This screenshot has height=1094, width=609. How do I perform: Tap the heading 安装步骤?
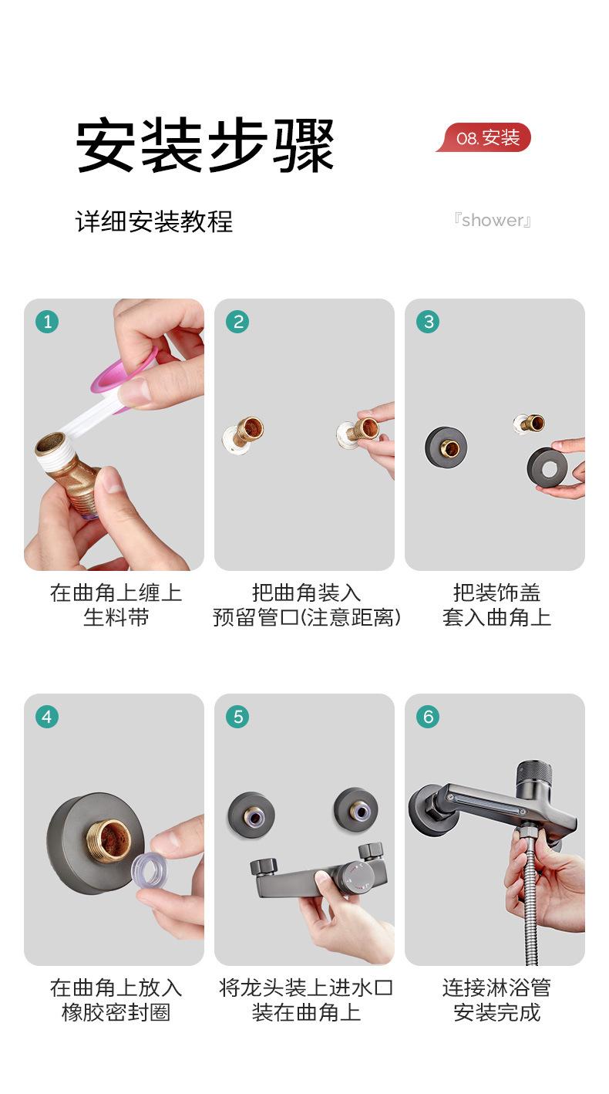coord(205,146)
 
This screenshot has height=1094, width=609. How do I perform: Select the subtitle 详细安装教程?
coord(154,221)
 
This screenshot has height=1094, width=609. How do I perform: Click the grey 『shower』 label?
coord(492,220)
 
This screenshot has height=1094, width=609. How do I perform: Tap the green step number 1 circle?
coord(47,322)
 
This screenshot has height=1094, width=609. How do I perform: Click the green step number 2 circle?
coord(237,322)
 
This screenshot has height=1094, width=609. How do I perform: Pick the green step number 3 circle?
coord(428,322)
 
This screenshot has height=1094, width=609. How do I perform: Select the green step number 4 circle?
coord(47,717)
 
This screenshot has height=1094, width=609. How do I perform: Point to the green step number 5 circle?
coord(237,717)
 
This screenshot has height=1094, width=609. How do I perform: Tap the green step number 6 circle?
coord(428,717)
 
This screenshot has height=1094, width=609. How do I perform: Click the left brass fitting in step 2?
coord(244,435)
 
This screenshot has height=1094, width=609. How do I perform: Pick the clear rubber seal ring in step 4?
coord(148,869)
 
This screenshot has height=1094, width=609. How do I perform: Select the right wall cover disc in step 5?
coord(355,810)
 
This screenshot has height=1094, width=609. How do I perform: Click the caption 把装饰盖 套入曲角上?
coord(496,605)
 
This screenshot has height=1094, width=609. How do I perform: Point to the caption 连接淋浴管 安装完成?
coord(496,1000)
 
